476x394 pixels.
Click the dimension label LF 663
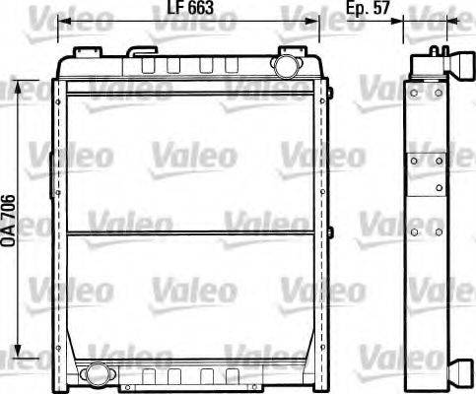point(190,7)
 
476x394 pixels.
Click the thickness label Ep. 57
point(368,8)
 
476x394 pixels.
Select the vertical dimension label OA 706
point(9,221)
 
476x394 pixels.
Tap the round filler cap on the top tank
point(286,66)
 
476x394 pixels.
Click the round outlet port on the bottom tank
point(98,373)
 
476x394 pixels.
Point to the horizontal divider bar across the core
point(190,233)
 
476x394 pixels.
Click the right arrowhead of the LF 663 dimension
point(312,22)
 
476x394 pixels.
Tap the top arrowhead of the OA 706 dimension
point(18,87)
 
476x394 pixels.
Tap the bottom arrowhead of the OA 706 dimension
point(18,351)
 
